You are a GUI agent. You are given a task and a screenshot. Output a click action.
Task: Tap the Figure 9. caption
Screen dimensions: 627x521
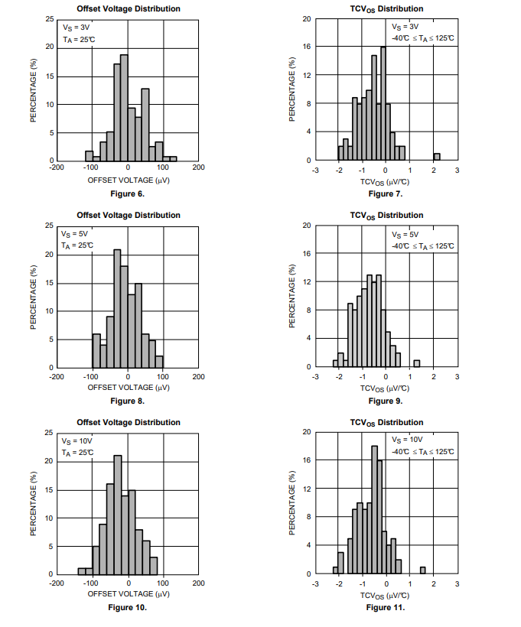pyautogui.click(x=386, y=401)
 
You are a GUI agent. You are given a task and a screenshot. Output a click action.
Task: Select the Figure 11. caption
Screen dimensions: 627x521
pyautogui.click(x=386, y=608)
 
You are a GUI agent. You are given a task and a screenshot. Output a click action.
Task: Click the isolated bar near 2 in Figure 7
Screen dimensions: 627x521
pyautogui.click(x=437, y=157)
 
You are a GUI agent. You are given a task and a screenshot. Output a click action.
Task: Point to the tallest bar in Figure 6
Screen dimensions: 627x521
pyautogui.click(x=124, y=107)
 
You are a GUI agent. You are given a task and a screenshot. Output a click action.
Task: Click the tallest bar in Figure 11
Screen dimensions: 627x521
pyautogui.click(x=374, y=509)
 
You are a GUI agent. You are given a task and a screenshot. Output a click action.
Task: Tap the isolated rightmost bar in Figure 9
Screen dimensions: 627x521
pyautogui.click(x=417, y=363)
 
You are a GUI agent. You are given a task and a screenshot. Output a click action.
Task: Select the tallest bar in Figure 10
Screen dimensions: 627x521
pyautogui.click(x=117, y=515)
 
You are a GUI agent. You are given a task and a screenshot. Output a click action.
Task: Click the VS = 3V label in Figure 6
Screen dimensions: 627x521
pyautogui.click(x=77, y=27)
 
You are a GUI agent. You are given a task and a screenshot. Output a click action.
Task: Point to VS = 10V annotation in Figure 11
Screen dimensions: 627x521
pyautogui.click(x=407, y=440)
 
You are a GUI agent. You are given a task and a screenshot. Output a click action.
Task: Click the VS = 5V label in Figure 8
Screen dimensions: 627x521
pyautogui.click(x=77, y=234)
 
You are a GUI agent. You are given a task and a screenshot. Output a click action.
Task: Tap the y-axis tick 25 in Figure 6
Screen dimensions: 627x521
pyautogui.click(x=49, y=18)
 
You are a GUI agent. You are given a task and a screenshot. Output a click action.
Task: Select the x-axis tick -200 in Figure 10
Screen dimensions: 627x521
pyautogui.click(x=57, y=583)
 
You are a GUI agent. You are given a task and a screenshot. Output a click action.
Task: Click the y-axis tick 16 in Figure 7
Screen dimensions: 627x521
pyautogui.click(x=306, y=47)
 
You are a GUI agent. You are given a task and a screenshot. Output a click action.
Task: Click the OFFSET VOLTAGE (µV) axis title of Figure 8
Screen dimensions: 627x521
pyautogui.click(x=128, y=387)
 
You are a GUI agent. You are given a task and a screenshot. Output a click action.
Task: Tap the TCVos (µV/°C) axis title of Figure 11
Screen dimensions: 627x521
pyautogui.click(x=385, y=595)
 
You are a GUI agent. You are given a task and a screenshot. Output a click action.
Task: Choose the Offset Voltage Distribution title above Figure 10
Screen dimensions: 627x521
pyautogui.click(x=128, y=423)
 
